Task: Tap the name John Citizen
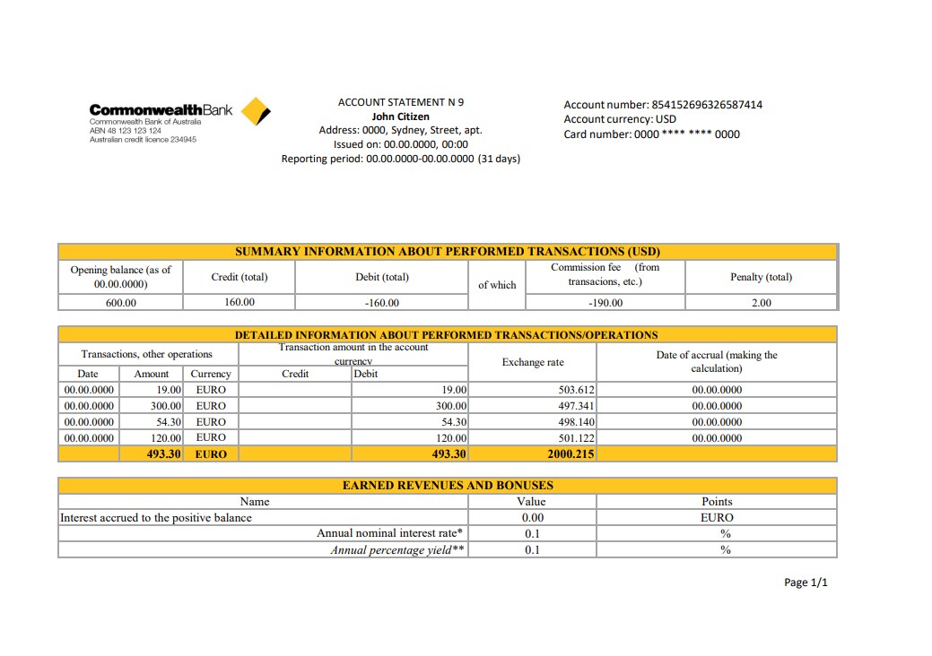click(x=400, y=117)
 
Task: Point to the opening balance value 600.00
click(x=121, y=303)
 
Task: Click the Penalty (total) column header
click(x=761, y=277)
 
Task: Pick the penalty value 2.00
click(x=761, y=303)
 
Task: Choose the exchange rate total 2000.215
click(x=571, y=454)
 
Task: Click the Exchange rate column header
click(x=533, y=362)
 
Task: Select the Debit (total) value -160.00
click(x=382, y=303)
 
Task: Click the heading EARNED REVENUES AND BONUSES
click(x=448, y=486)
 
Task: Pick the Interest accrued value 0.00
click(x=533, y=518)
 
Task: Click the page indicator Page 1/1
click(x=806, y=583)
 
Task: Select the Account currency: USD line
click(x=620, y=119)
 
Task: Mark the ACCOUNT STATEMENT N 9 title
click(x=400, y=102)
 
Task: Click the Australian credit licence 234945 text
click(x=143, y=140)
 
